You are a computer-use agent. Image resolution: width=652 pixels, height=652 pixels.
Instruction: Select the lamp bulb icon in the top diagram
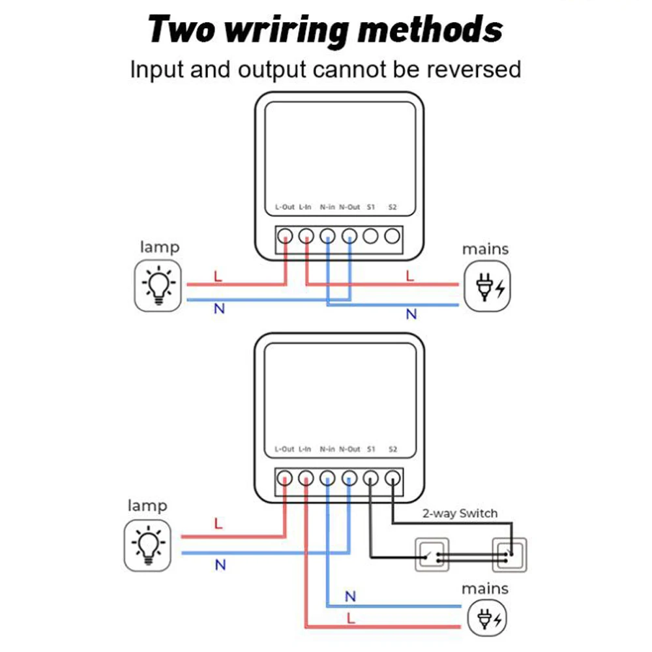coord(158,284)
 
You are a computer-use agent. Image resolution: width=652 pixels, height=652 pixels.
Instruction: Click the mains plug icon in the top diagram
coord(488,286)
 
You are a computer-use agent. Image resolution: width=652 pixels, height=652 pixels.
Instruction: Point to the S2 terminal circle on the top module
coord(392,236)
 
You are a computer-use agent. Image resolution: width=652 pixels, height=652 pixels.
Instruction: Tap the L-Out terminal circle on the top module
coord(285,236)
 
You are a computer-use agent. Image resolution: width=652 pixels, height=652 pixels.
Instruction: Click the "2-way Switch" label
coord(460,513)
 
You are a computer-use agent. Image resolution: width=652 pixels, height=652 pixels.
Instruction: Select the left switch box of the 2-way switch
coord(432,554)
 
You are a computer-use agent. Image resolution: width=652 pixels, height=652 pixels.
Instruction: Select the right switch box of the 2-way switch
coord(509,554)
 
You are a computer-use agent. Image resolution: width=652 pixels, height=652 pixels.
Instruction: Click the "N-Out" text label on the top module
coord(349,207)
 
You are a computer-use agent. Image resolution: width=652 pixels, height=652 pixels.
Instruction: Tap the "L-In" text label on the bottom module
coord(305,449)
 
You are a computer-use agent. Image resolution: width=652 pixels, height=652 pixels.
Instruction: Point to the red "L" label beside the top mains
coord(409,276)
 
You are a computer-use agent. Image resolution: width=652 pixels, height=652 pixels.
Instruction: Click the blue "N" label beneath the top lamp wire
coord(219,308)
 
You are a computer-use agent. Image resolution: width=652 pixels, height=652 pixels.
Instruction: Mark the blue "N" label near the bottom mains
coord(350,596)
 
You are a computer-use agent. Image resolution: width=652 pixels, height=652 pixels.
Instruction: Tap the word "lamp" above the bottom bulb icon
coord(147,505)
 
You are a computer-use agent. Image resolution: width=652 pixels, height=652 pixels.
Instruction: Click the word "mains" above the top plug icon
coord(485,249)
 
